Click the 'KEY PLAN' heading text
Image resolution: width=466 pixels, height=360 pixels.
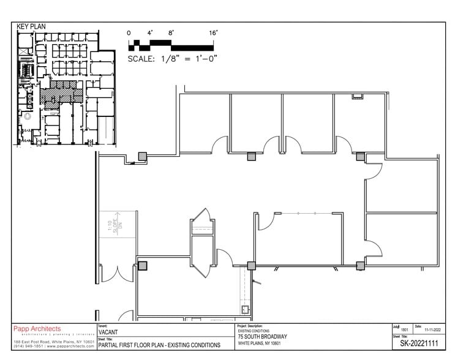[31, 27]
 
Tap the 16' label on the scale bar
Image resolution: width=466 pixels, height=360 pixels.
[213, 32]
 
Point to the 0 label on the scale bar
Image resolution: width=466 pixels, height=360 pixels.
[129, 32]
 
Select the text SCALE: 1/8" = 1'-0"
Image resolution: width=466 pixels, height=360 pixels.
[173, 59]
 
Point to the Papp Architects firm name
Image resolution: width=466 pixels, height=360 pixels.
[37, 329]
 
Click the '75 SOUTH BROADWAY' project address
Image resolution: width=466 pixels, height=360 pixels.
[262, 337]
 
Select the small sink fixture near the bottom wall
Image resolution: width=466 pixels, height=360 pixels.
[246, 310]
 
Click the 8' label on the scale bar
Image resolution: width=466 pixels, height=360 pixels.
[171, 32]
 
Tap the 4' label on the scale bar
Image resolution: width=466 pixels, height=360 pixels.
[150, 32]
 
